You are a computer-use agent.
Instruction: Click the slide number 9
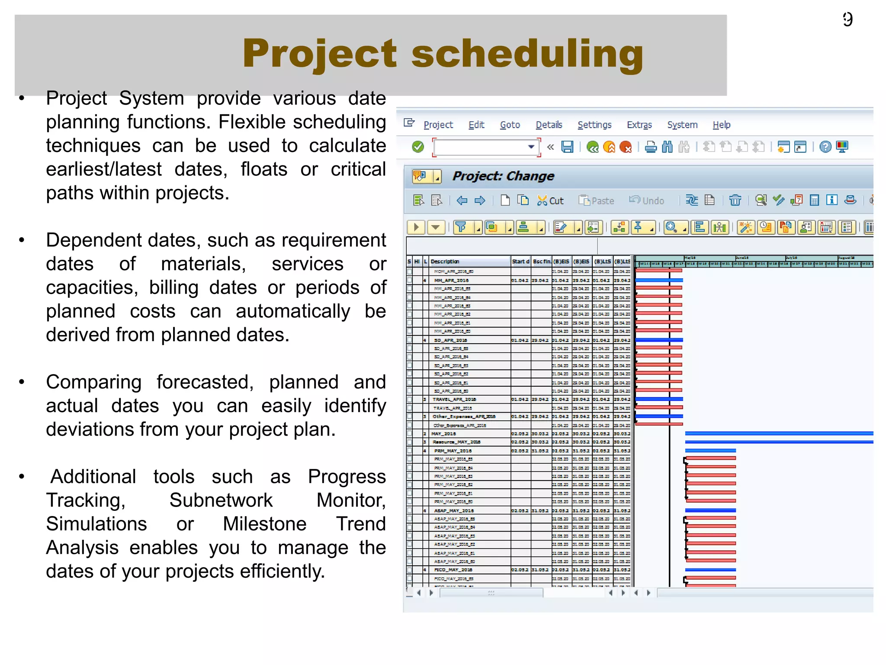click(x=847, y=19)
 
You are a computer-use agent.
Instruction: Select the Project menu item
click(x=438, y=125)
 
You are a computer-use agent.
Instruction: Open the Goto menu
click(x=510, y=125)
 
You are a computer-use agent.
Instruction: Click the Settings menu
click(x=594, y=125)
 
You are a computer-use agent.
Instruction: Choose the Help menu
click(x=721, y=125)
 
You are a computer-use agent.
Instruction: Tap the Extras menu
click(x=639, y=125)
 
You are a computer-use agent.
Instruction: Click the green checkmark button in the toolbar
click(x=418, y=147)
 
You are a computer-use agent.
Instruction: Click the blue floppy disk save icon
click(x=567, y=147)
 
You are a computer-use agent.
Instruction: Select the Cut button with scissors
click(x=550, y=200)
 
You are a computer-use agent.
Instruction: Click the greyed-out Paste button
click(x=597, y=200)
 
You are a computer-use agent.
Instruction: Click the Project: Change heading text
click(x=503, y=176)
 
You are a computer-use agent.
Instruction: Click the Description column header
click(x=445, y=261)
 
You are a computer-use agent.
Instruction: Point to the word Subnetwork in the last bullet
click(x=221, y=500)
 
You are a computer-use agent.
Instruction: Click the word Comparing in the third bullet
click(x=94, y=382)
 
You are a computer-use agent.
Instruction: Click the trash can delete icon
click(x=735, y=200)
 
